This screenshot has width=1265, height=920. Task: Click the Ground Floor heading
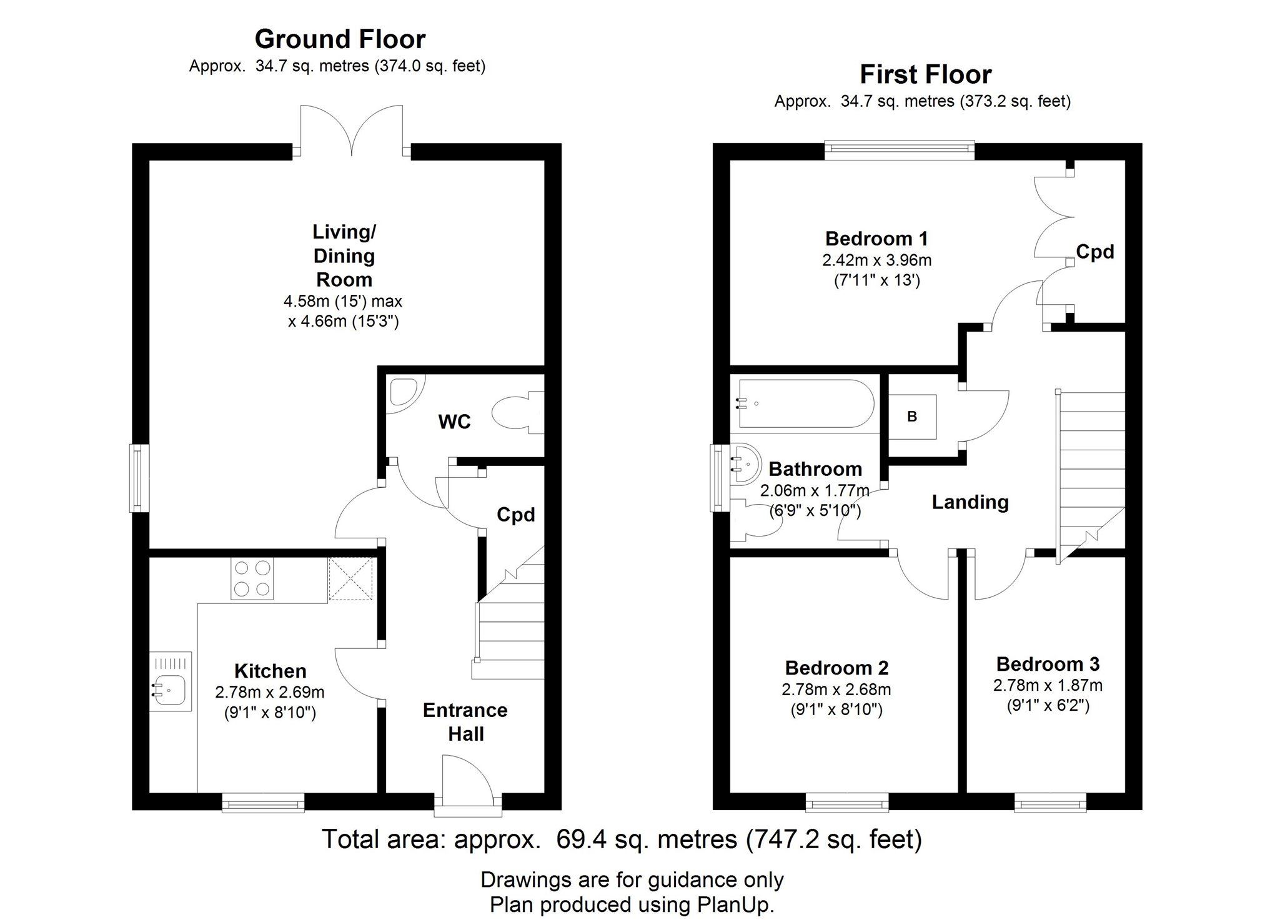coord(340,39)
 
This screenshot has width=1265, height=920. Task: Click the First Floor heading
coord(925,75)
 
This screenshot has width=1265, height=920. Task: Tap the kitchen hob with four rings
coord(252,578)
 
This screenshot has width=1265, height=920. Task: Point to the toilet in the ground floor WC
coord(518,412)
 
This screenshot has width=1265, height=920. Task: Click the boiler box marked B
coord(912,417)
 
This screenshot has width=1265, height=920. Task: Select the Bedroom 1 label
coord(876,239)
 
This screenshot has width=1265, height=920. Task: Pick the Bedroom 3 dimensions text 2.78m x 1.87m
coord(1048,685)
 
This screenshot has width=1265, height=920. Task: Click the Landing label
coord(970,502)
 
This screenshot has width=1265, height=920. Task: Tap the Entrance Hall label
coord(465,722)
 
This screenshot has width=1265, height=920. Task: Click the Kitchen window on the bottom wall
coord(263,803)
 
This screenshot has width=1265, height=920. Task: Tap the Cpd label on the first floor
coord(1095,252)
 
